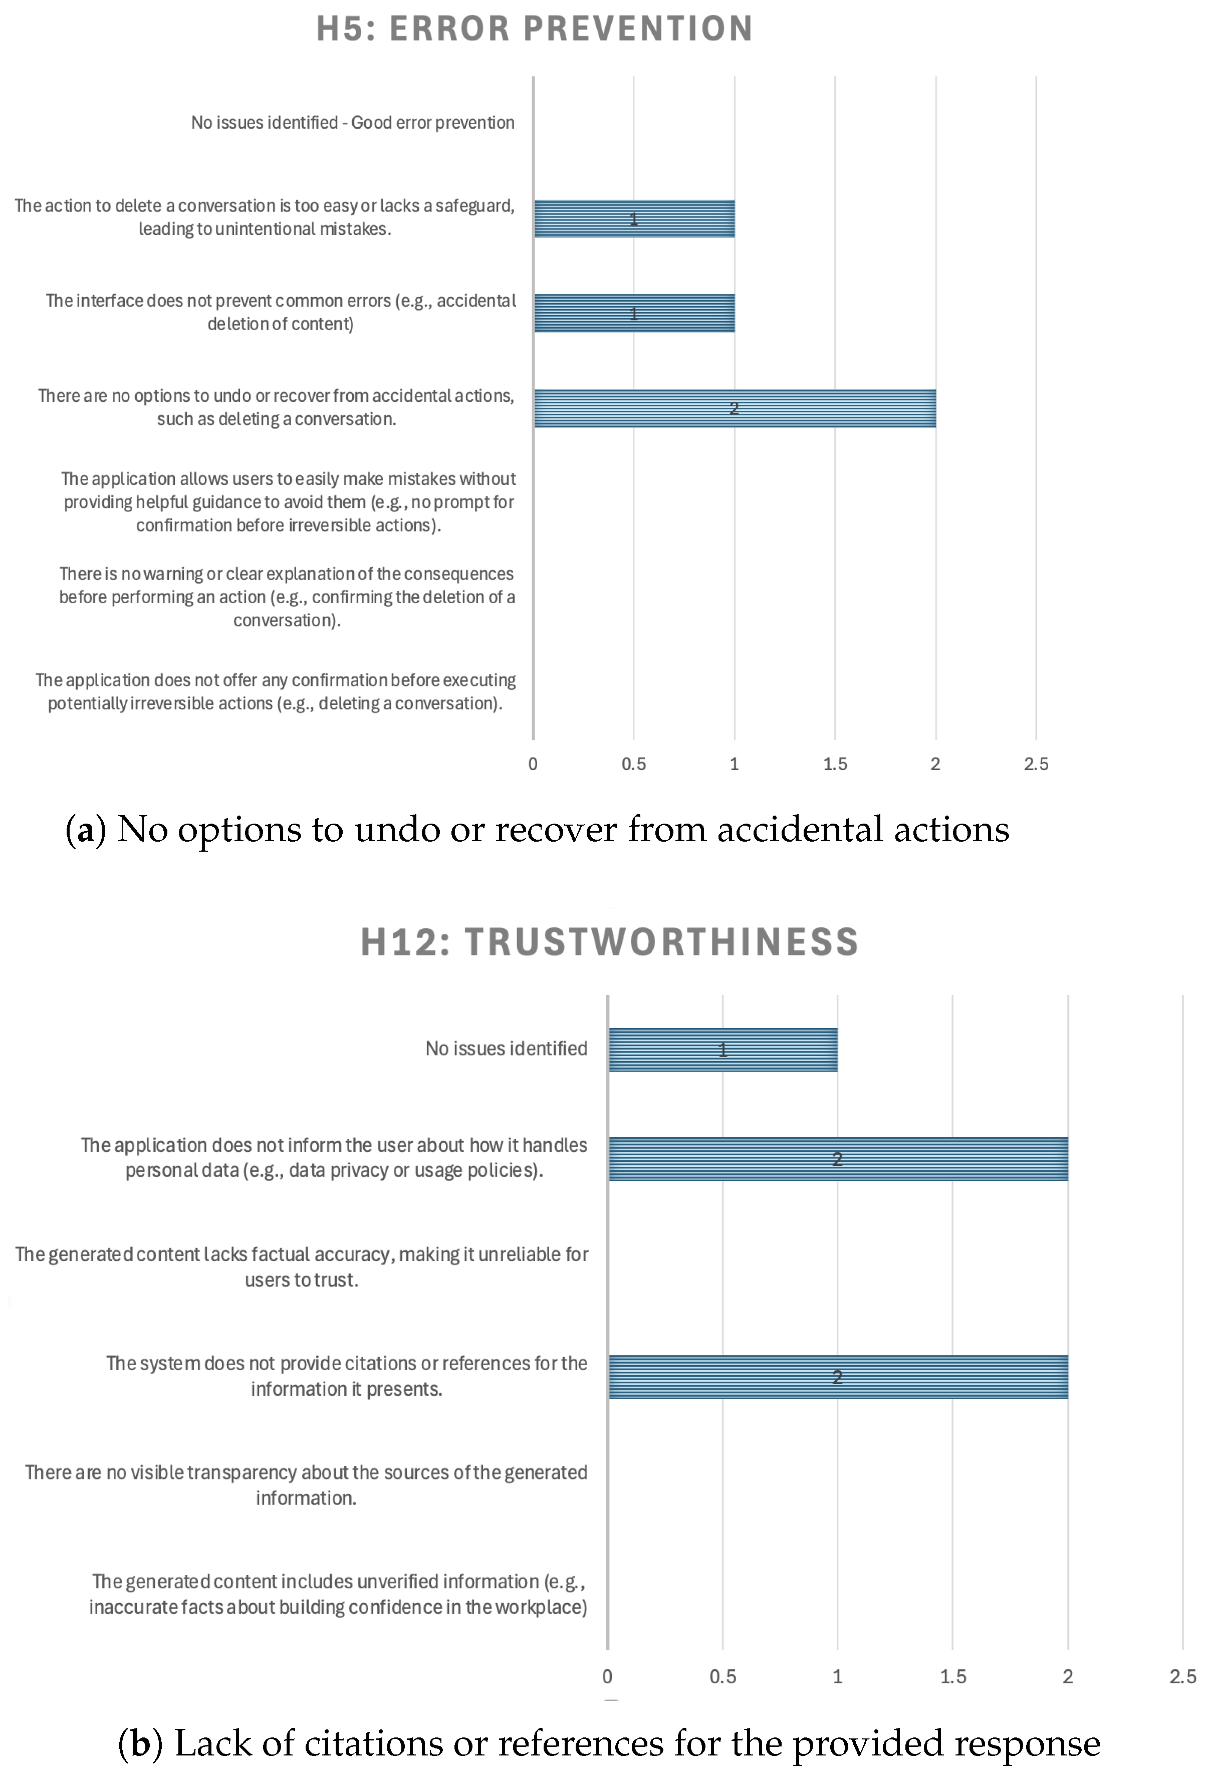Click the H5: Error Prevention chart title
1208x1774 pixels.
(535, 29)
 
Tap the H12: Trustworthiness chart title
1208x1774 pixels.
(609, 941)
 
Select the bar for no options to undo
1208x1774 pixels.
(735, 408)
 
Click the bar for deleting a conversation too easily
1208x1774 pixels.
(634, 219)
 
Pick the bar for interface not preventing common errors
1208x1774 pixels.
(634, 314)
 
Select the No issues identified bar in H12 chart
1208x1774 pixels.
(722, 1050)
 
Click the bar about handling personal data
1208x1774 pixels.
(838, 1159)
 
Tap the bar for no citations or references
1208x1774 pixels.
(838, 1377)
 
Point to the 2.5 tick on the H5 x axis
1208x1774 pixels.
(1036, 764)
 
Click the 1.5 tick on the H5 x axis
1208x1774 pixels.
(835, 764)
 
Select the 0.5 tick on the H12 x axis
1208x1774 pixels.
(722, 1676)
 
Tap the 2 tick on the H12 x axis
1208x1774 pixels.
(1068, 1676)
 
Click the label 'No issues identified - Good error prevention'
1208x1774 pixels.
(352, 123)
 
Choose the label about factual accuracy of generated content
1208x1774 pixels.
(302, 1267)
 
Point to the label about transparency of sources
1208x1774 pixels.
(306, 1485)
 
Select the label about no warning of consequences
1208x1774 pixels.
(287, 597)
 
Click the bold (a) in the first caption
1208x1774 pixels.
(86, 830)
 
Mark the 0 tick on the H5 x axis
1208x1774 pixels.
(533, 764)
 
